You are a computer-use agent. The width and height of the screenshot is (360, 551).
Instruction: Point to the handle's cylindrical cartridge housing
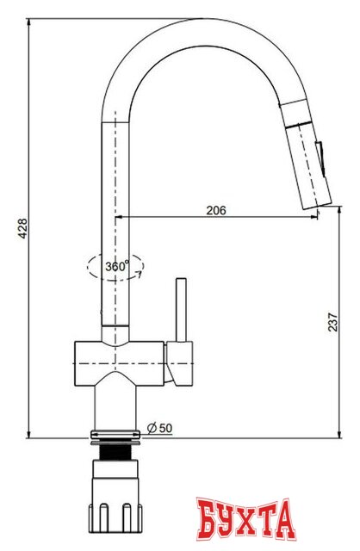(183, 361)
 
